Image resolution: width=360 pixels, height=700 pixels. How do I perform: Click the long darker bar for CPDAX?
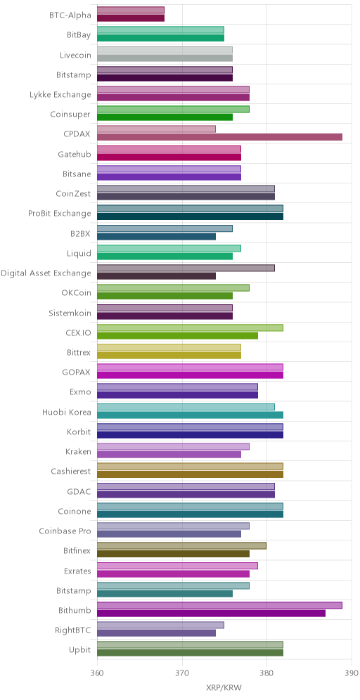pos(220,137)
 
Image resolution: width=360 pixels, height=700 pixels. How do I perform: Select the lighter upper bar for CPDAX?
pos(156,129)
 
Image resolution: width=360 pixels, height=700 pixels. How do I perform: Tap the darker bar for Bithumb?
pos(211,614)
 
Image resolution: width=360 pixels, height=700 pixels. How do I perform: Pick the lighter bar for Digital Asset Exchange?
pos(186,268)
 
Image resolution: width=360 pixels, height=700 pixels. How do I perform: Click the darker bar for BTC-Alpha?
pos(131,18)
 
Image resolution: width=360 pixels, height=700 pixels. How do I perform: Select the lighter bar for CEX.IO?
pos(191,328)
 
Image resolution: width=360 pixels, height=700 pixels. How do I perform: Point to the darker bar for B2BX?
pos(156,236)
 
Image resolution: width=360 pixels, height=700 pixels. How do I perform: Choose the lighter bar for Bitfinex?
pos(182,546)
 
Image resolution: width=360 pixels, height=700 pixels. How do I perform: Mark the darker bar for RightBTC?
pos(156,633)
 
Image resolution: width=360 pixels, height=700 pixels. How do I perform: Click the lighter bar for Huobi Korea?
pos(186,407)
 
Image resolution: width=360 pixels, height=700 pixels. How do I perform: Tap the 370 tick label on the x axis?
pos(182,673)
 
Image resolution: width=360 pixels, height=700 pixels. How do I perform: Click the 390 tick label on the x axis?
pos(351,673)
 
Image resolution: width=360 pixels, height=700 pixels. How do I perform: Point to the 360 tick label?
pos(97,673)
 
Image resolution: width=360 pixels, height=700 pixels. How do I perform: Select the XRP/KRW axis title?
pos(224,687)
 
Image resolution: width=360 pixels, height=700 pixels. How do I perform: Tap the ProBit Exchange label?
pos(59,214)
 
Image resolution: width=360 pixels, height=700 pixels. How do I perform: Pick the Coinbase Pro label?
pos(65,531)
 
